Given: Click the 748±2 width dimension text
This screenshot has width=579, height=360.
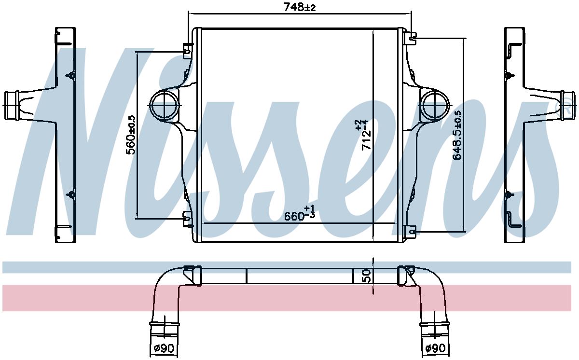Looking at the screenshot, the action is point(300,7).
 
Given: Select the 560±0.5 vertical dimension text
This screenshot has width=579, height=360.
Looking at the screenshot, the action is point(131,135).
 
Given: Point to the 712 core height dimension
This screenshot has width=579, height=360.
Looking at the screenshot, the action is point(364,135).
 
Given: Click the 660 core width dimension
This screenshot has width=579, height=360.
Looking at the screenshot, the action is point(300,213).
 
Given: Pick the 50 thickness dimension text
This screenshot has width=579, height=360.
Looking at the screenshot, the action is point(367,276).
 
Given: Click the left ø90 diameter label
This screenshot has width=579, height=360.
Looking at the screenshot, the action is point(164,348).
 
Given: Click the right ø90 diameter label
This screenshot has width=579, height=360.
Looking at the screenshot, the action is point(436,348).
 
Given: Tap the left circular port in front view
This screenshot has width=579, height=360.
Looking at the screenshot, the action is point(164,105).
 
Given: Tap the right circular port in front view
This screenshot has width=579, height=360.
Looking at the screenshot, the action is point(436,105).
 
